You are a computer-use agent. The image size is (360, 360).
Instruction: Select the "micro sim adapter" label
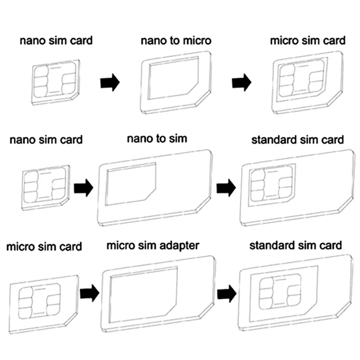pos(153,246)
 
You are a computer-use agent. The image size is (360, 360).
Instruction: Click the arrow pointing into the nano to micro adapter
pos(110,83)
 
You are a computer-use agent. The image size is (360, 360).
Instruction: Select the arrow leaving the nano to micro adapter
pos(242,83)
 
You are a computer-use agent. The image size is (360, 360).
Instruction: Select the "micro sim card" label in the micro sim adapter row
pos(44,246)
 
